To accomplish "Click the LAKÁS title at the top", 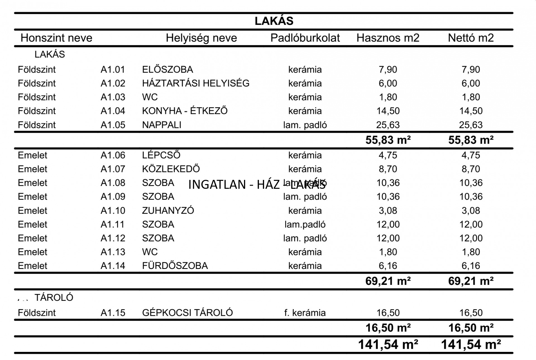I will click(274, 21).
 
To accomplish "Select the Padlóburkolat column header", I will click(305, 38).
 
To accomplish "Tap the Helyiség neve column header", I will click(201, 38).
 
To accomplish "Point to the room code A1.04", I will click(113, 111).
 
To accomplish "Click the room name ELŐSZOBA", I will click(167, 70).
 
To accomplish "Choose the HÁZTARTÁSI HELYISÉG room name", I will click(195, 83).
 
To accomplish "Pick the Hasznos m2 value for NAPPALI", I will click(388, 125).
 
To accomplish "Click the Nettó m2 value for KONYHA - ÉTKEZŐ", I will click(471, 111).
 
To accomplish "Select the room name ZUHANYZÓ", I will click(168, 211).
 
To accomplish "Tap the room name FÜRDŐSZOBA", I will click(175, 266).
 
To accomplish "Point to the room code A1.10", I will click(113, 211).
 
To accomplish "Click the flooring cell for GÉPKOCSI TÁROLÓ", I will click(305, 313).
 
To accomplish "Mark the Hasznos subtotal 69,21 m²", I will click(388, 281).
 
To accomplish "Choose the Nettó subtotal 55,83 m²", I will click(471, 140).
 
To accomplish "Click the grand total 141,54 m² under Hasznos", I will click(388, 344).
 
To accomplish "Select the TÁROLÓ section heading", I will click(54, 298).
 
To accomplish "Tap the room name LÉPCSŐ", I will click(161, 155).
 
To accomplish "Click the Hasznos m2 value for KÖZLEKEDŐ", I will click(388, 169).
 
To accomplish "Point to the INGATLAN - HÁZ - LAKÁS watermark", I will click(257, 184).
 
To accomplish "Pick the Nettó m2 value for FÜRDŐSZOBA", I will click(471, 266).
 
